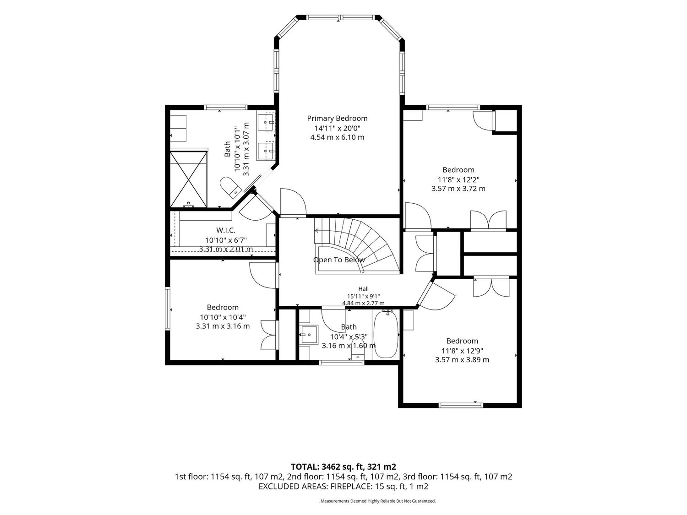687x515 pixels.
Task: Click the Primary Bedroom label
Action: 337,119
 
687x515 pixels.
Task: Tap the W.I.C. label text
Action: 226,230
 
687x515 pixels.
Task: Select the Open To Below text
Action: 339,260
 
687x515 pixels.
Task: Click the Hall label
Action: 363,289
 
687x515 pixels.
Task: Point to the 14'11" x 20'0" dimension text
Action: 338,128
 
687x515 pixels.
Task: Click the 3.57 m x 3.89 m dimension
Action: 462,360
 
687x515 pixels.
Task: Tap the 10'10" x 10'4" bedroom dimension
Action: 223,317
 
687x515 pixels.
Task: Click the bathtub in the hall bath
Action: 386,334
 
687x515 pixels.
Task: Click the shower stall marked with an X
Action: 188,179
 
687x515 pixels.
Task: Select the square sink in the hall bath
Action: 309,335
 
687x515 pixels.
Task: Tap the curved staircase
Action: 357,245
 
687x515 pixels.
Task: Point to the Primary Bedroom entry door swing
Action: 293,202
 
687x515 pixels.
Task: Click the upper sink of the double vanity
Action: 266,122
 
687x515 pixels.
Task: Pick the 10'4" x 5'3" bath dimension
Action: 349,337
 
